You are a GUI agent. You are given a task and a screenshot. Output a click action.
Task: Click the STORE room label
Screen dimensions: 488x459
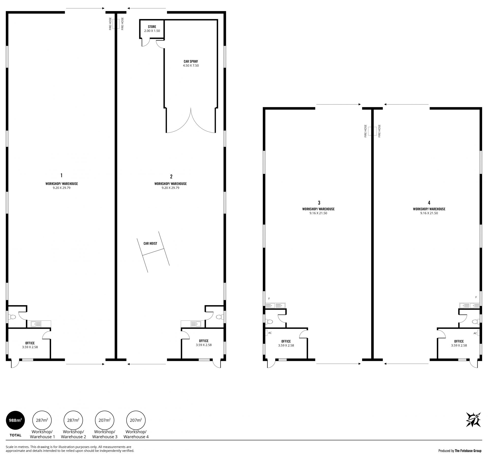tap(152, 27)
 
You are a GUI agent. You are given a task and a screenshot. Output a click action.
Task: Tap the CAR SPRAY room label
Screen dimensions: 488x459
tap(191, 61)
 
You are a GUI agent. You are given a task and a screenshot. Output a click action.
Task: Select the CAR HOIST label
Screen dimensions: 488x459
tap(150, 243)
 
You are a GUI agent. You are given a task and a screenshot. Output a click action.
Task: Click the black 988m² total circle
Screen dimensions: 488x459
tap(16, 420)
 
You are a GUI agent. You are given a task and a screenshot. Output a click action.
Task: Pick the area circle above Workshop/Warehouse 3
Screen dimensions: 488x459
tap(104, 420)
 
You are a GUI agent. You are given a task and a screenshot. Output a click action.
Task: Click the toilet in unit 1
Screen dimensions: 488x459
tap(12, 317)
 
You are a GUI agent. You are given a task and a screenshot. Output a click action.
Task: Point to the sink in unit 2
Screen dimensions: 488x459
tap(196, 324)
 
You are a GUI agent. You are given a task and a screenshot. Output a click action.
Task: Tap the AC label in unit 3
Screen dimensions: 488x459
tap(270, 333)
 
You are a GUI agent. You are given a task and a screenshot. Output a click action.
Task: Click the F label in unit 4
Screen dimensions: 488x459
tap(476, 297)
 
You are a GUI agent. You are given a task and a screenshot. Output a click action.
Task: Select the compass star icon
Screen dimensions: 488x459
tap(473, 420)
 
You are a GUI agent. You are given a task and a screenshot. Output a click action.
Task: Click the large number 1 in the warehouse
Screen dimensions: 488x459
tap(62, 175)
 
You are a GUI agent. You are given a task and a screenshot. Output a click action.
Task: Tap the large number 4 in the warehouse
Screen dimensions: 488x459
tap(429, 202)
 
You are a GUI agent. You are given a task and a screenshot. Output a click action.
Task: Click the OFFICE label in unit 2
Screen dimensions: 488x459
tap(204, 341)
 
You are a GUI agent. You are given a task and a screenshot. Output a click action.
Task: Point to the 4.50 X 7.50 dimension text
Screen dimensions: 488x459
tap(191, 66)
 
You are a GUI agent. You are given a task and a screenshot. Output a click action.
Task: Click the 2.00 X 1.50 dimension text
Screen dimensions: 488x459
tap(152, 31)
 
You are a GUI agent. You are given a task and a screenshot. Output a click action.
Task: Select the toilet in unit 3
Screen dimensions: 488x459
tap(269, 322)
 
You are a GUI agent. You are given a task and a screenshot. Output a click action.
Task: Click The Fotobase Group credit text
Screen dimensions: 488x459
tap(468, 451)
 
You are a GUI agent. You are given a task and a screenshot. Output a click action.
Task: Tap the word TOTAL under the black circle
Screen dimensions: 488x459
tap(16, 435)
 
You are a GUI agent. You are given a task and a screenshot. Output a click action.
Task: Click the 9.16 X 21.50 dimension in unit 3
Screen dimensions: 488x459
tap(318, 213)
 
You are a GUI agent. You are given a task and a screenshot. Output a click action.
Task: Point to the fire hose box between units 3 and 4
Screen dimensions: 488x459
tap(372, 131)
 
